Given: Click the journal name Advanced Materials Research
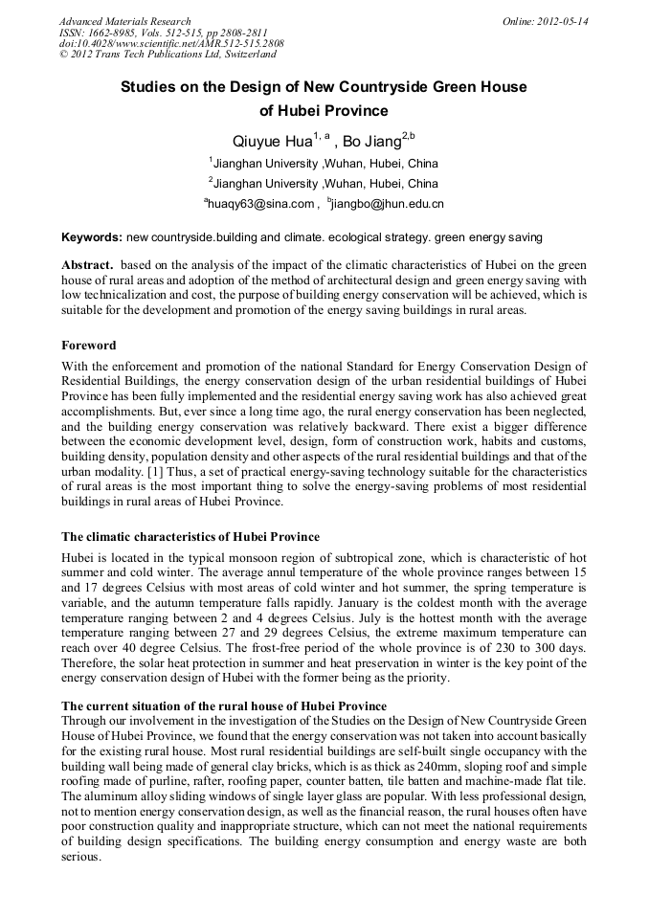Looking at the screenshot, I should click(x=124, y=21).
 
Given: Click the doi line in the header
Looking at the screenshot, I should click(x=171, y=43).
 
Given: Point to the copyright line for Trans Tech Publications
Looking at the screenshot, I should click(x=168, y=55).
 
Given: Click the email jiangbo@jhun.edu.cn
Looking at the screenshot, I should click(x=387, y=204).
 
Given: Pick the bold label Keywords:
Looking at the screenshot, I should click(x=92, y=236).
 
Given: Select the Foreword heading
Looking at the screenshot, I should click(x=89, y=346).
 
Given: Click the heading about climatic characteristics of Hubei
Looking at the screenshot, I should click(x=190, y=536).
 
